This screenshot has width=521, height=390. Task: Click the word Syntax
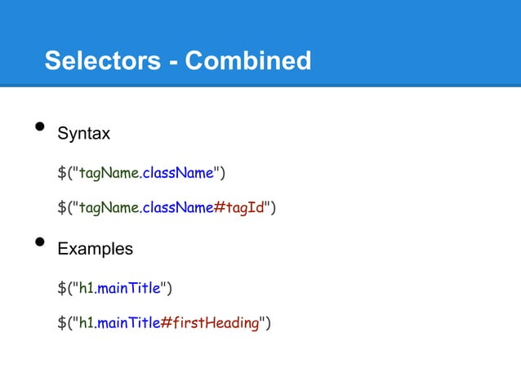click(x=83, y=133)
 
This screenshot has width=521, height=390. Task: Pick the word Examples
click(x=95, y=248)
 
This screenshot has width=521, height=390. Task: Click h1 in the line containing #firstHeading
click(x=85, y=323)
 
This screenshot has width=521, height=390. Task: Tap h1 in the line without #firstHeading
click(x=85, y=287)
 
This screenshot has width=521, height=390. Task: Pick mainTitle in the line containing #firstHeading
click(x=127, y=323)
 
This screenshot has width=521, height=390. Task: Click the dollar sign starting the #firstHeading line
click(x=61, y=323)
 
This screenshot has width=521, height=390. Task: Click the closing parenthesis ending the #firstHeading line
click(x=268, y=323)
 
